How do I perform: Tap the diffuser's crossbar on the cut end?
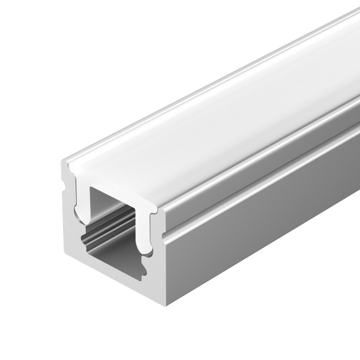114,180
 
